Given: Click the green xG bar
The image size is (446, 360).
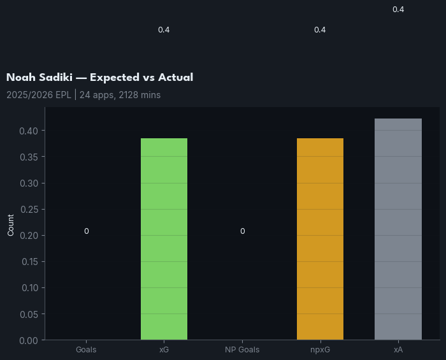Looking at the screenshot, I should click(164, 239).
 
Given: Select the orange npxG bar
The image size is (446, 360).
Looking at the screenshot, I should click(320, 239).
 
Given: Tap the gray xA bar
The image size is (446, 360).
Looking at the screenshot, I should click(398, 229).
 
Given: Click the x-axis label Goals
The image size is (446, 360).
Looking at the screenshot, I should click(86, 350).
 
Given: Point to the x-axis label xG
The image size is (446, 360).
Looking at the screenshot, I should click(164, 350).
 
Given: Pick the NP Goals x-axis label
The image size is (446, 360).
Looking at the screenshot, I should click(242, 350).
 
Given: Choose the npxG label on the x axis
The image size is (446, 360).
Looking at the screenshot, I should click(320, 350).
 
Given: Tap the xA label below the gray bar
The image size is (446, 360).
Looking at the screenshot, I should click(398, 350).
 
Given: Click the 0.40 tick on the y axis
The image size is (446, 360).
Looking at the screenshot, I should click(29, 131).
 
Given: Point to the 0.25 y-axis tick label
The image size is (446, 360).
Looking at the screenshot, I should click(29, 210).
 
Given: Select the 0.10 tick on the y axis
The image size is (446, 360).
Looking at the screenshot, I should click(29, 288).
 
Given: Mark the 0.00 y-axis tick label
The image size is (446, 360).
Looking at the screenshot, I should click(29, 340).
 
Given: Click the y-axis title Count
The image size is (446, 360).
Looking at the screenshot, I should click(11, 225).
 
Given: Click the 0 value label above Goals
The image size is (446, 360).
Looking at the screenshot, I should click(86, 231).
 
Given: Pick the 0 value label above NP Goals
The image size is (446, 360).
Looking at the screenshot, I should click(242, 231).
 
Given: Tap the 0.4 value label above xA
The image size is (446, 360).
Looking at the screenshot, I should click(398, 10).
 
